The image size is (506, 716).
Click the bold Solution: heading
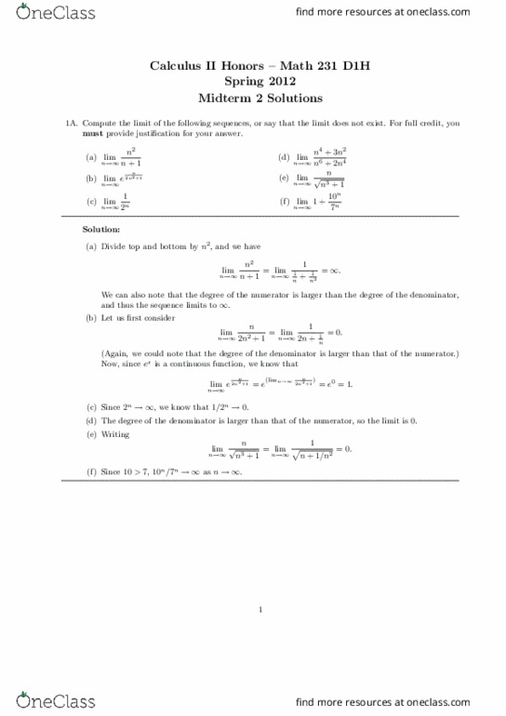click(100, 229)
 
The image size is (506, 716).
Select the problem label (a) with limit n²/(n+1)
click(91, 157)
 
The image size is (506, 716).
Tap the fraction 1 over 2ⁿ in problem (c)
click(125, 202)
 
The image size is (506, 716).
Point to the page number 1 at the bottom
click(261, 610)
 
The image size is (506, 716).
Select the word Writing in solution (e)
click(114, 433)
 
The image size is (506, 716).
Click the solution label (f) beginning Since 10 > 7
click(91, 472)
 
